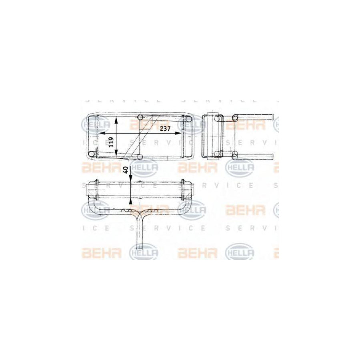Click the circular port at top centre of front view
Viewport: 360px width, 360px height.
click(x=140, y=117)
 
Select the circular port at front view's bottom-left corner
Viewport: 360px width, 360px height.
click(x=92, y=154)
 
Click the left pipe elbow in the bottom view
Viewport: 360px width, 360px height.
click(x=90, y=208)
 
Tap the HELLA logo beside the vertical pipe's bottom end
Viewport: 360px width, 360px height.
click(x=143, y=252)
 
